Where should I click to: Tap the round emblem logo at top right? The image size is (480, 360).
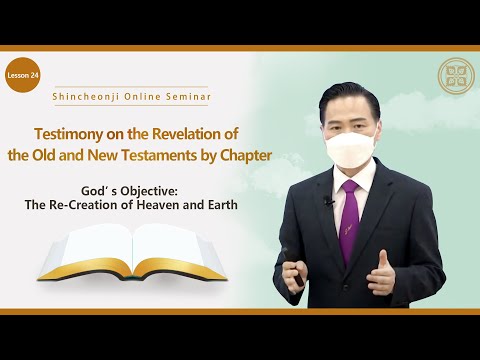coord(456,75)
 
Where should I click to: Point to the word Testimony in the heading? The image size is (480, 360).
coord(73,134)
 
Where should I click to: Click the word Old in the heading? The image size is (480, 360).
coord(72,156)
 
